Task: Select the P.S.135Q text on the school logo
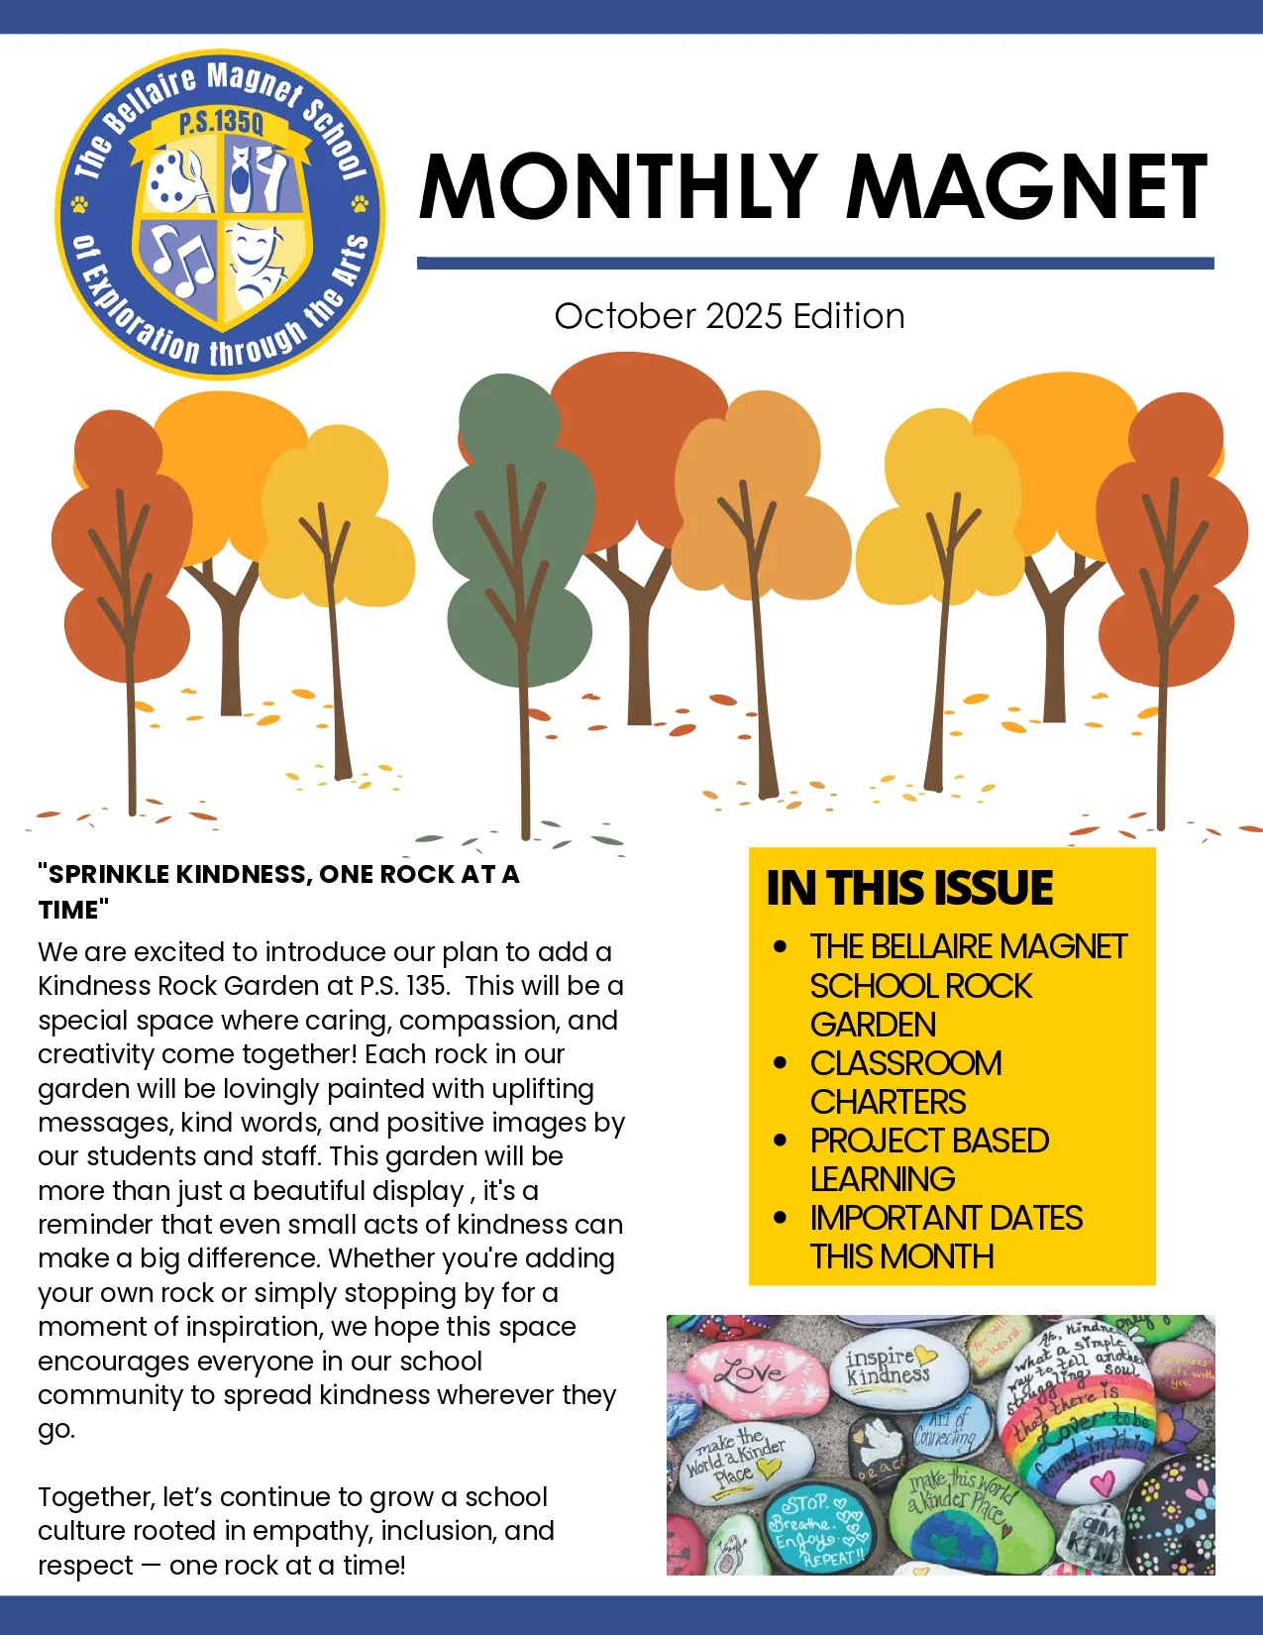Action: [221, 124]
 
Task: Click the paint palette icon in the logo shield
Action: [178, 178]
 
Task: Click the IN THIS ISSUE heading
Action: [909, 887]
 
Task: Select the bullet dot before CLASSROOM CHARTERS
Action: [781, 1063]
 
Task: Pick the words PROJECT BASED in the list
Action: [929, 1141]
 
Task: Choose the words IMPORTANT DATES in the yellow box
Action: [946, 1218]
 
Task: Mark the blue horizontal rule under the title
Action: [814, 264]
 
